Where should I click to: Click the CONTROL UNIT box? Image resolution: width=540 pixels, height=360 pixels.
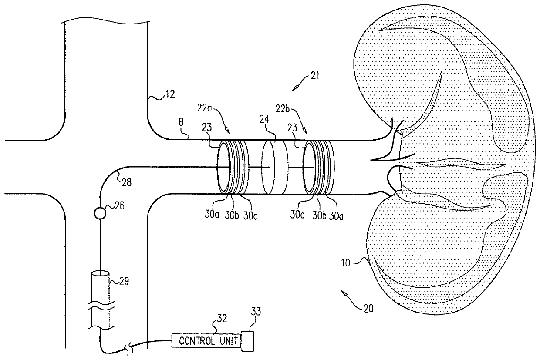[x=206, y=340]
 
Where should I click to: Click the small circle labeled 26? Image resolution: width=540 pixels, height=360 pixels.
[x=100, y=213]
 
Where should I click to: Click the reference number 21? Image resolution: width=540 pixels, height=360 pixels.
[x=314, y=75]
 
